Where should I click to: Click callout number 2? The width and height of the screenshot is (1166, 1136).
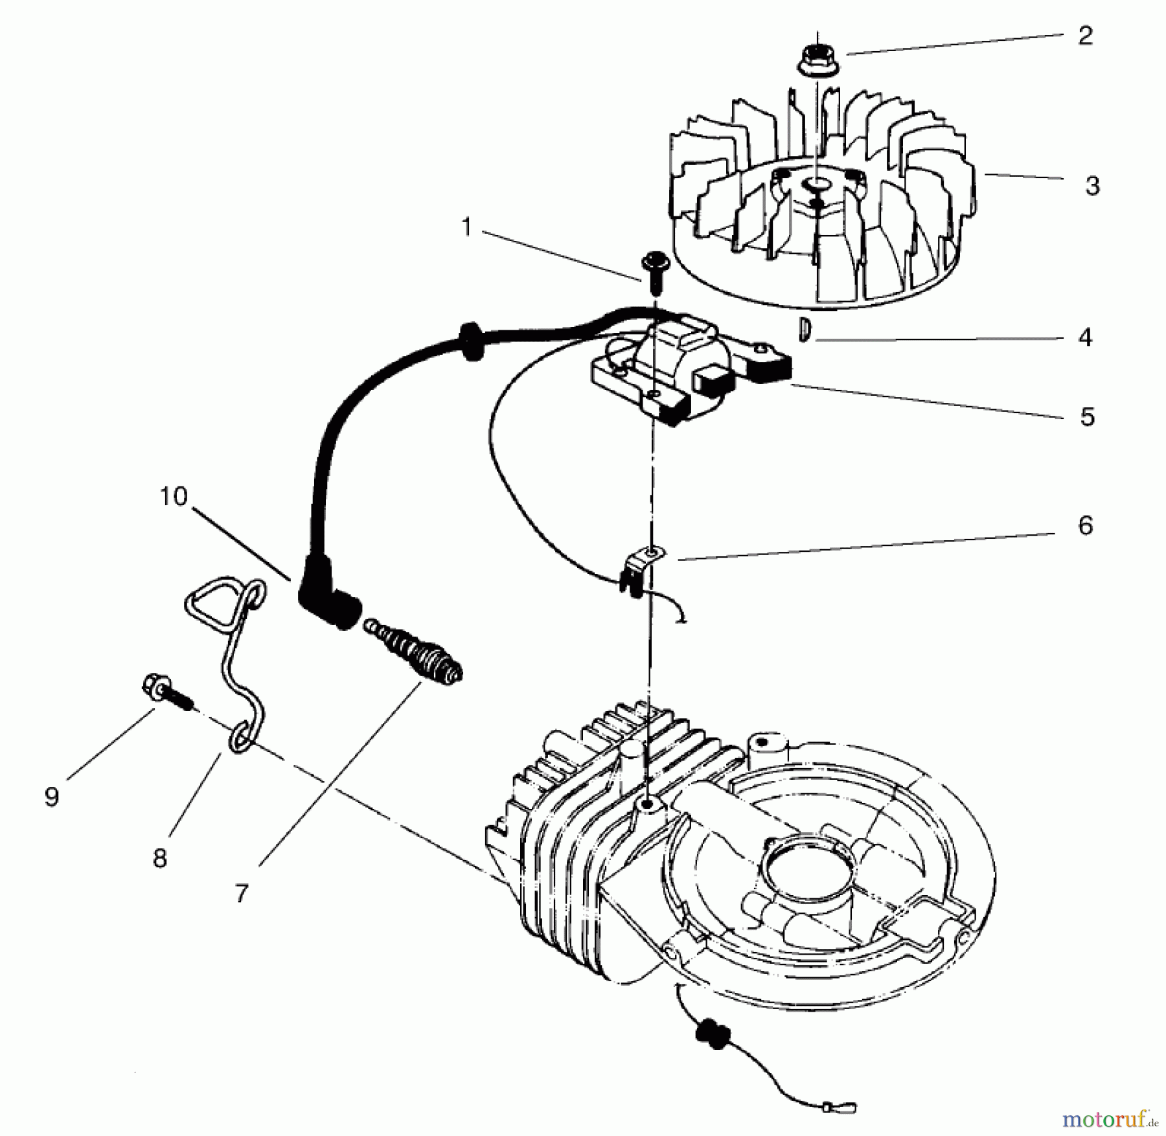click(1085, 36)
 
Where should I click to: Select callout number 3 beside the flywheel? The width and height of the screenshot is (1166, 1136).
click(1092, 186)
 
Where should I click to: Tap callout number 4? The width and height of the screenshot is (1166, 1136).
click(1085, 337)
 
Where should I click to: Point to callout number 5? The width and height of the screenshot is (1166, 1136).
click(1087, 416)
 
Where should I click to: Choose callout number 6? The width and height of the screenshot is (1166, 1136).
click(1085, 525)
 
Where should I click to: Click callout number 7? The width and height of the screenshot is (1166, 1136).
click(242, 894)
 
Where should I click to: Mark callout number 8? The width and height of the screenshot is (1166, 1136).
click(159, 859)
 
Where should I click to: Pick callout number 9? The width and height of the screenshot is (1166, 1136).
click(52, 797)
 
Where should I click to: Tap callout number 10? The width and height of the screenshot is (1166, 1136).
click(173, 497)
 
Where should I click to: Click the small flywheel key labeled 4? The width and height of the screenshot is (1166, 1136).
click(803, 330)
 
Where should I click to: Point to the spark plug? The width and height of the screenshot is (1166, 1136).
click(415, 654)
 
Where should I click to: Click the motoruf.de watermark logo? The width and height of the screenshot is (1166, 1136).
click(1114, 1118)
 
